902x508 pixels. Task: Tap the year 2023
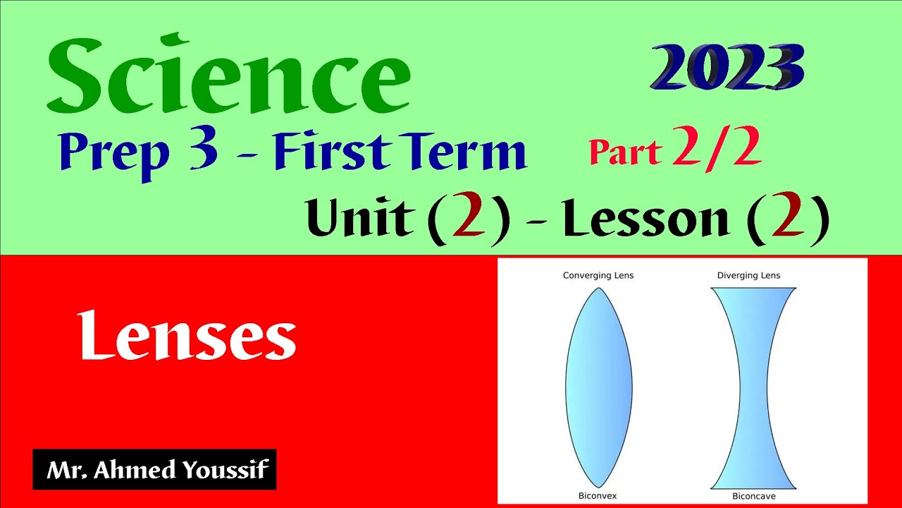tap(727, 68)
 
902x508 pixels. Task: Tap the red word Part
tap(625, 152)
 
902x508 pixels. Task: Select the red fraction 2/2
tap(717, 149)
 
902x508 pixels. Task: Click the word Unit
tap(359, 218)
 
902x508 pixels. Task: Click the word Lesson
tap(645, 218)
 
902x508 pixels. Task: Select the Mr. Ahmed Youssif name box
tap(154, 469)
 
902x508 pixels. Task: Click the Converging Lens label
tap(598, 275)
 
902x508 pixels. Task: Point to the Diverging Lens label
tap(748, 275)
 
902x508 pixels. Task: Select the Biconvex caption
tap(598, 496)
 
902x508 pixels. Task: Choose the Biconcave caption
tap(753, 496)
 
